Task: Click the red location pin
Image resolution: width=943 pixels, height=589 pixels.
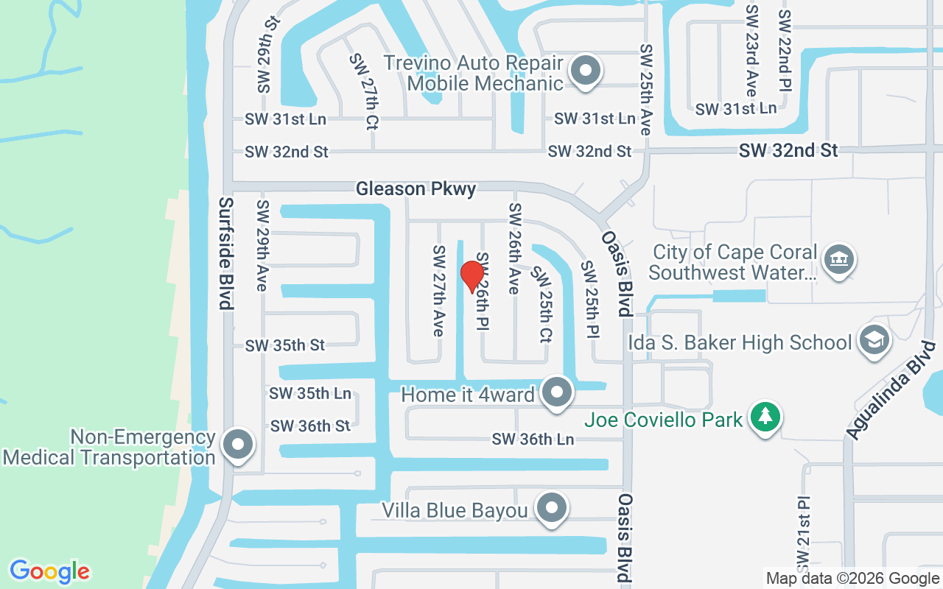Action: point(472,277)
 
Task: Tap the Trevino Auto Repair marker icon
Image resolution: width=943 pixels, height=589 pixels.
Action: point(586,72)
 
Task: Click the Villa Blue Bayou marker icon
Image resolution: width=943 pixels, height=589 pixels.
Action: point(551,508)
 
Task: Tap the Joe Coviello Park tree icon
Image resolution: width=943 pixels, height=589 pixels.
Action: point(765,417)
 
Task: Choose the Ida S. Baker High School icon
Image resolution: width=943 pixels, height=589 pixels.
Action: point(874,340)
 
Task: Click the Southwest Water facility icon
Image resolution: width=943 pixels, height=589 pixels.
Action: point(838,260)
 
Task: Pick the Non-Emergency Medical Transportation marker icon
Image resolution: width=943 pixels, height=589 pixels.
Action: point(239,445)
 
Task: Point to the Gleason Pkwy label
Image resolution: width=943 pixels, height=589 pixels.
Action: point(416,189)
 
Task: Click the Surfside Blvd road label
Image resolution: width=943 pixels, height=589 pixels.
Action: point(225,253)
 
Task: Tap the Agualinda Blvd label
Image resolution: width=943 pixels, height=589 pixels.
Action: point(885,390)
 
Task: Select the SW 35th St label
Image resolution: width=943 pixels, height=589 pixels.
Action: point(285,345)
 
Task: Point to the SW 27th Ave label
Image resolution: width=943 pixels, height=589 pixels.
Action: point(438,290)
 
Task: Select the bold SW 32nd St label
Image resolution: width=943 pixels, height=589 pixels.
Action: point(788,150)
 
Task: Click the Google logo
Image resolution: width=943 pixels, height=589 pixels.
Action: point(49,571)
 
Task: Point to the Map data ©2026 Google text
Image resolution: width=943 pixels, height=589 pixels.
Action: point(852,579)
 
